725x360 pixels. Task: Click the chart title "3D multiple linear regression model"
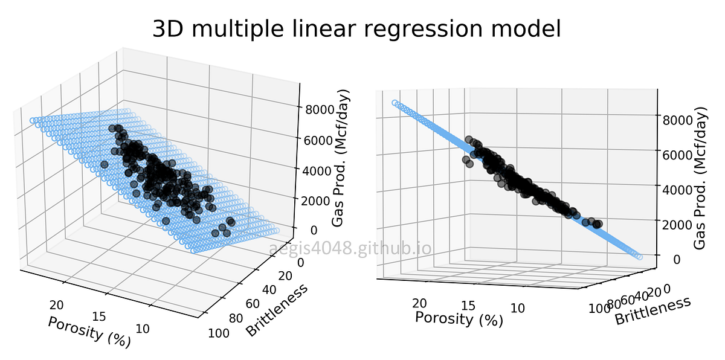[x=356, y=29]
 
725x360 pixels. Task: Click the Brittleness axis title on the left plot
[x=277, y=309]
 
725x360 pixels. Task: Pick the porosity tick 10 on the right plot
[x=517, y=308]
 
